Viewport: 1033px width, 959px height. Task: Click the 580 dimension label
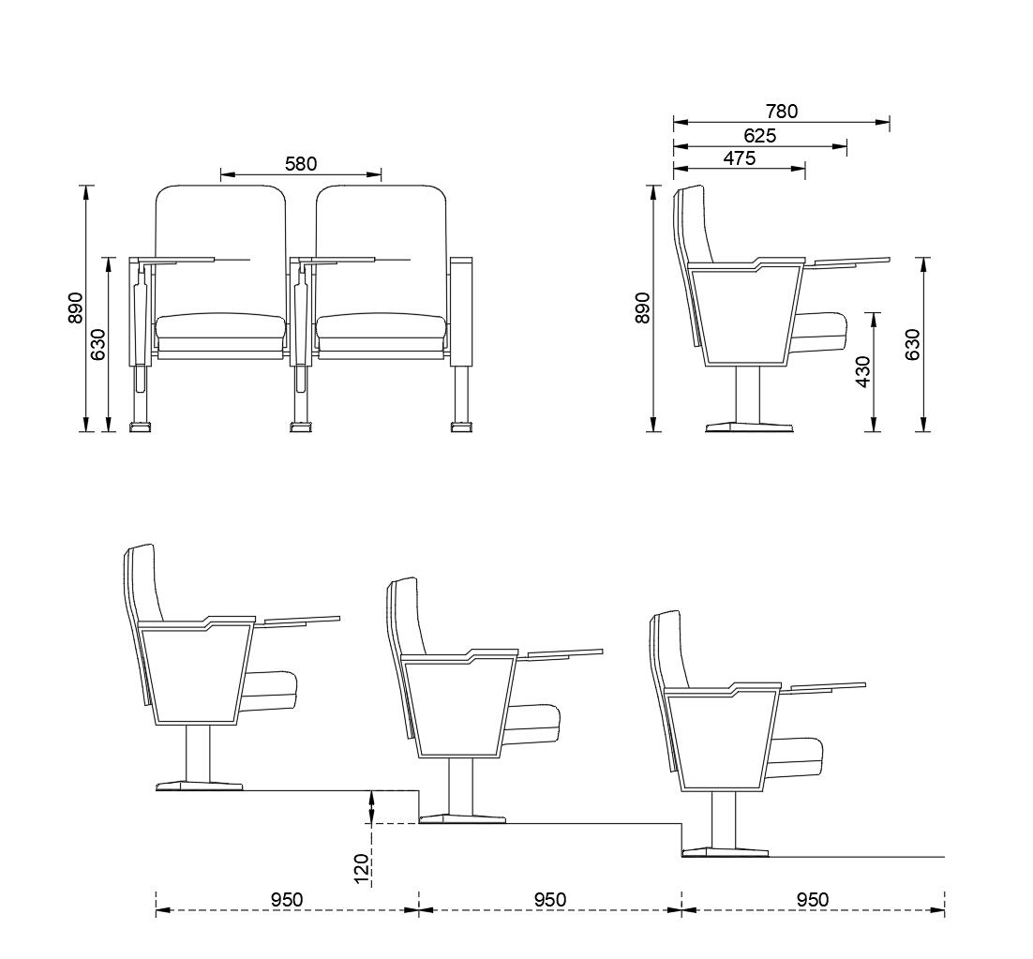(x=301, y=163)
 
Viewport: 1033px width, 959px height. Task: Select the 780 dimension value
(x=782, y=112)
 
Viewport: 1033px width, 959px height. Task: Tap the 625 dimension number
(x=760, y=136)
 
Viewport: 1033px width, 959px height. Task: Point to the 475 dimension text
(x=740, y=158)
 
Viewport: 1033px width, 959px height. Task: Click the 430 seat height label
(x=862, y=372)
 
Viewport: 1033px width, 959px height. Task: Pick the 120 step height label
(x=363, y=869)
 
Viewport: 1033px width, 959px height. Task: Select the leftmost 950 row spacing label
(x=287, y=900)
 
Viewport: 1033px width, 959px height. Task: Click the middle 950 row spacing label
(x=550, y=900)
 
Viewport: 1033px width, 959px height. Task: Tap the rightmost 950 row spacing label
(x=813, y=900)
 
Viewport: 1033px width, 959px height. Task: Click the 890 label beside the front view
(x=76, y=307)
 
